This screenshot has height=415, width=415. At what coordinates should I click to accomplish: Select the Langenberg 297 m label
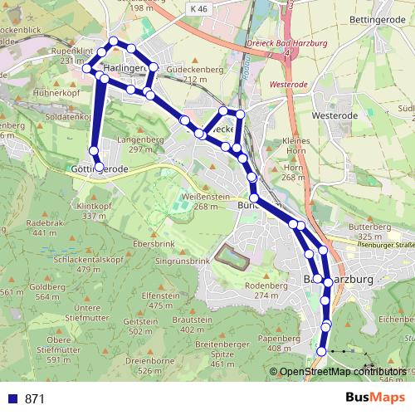(136, 144)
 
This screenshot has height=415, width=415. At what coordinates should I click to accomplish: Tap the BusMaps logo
(376, 398)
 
